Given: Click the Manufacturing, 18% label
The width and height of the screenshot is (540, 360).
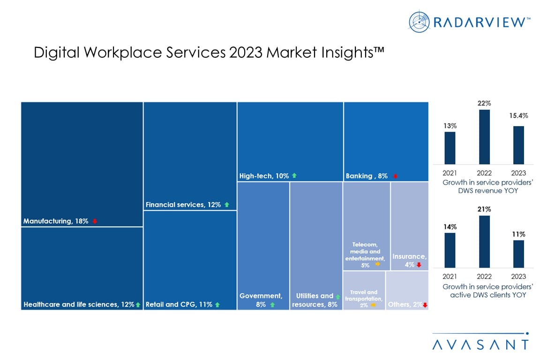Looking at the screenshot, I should click(56, 221).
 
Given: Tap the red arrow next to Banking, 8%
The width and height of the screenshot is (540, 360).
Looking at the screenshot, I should click(396, 176).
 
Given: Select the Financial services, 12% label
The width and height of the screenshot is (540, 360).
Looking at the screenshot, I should click(183, 204).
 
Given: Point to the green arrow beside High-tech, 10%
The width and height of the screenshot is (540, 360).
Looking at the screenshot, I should click(294, 176).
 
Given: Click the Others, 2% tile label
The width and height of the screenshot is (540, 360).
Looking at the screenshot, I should click(404, 305).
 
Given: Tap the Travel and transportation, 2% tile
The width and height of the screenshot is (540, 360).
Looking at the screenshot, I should click(364, 290).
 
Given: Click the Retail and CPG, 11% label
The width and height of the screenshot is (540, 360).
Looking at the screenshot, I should click(179, 305).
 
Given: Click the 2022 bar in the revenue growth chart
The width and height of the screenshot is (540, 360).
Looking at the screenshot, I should click(485, 137).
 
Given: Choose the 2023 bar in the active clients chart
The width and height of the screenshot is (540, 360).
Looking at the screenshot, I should click(518, 254).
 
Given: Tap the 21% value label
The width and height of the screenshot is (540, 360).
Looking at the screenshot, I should click(485, 209).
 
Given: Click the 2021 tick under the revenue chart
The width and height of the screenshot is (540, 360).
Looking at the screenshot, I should click(450, 173).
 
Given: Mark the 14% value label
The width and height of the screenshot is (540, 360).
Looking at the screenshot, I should click(450, 226).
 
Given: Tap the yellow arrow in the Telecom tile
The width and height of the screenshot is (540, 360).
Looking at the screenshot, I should click(378, 265).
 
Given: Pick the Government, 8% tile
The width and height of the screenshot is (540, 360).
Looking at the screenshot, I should click(263, 246).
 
